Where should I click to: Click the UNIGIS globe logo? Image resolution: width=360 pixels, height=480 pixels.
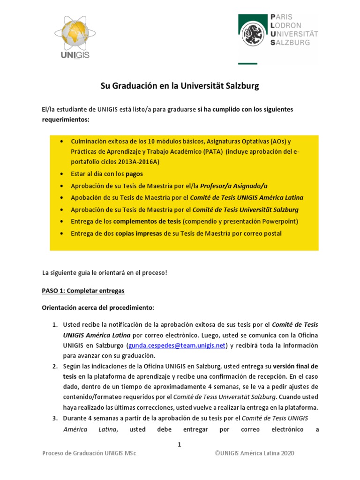click(x=74, y=37)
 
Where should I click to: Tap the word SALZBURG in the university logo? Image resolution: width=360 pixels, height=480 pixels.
click(x=291, y=42)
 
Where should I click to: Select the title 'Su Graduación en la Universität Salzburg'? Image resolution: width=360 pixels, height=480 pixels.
click(x=180, y=86)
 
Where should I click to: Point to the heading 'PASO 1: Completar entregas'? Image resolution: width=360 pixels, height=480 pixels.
click(x=83, y=291)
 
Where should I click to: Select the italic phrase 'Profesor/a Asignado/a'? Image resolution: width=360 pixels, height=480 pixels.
click(x=237, y=186)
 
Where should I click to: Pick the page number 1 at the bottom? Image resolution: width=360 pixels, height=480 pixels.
click(x=179, y=444)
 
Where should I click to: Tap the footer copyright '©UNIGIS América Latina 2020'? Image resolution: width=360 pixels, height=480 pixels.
click(x=255, y=453)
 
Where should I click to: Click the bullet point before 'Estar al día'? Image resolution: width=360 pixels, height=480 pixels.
click(x=63, y=173)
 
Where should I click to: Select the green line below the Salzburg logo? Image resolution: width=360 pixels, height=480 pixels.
click(x=247, y=63)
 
